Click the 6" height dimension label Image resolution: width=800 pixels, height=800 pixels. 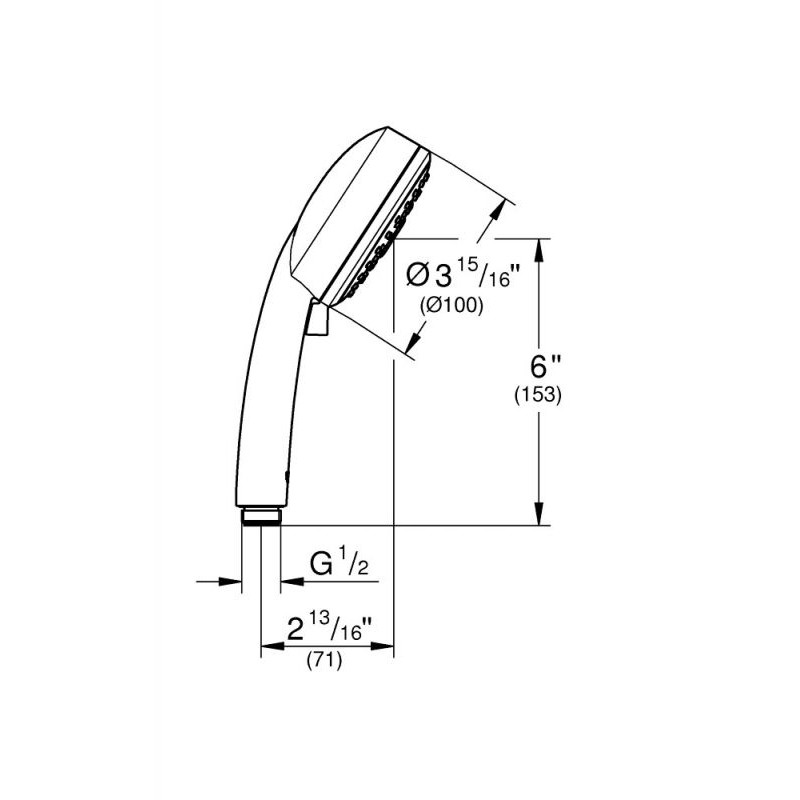coord(546,366)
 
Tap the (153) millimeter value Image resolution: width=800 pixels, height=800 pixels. coord(538,395)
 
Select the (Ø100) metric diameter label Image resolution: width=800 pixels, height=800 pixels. coord(452,306)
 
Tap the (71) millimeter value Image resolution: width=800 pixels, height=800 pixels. coord(324,661)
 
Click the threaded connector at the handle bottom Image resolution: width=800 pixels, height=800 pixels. coord(261,516)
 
